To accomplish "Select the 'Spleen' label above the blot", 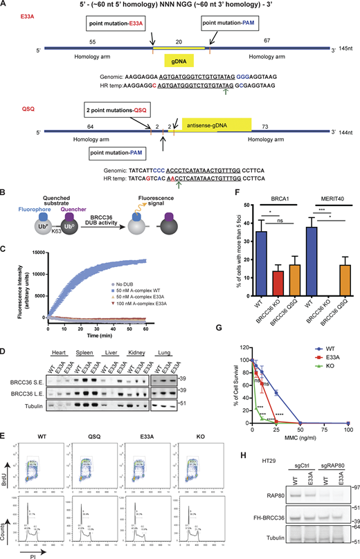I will pyautogui.click(x=86, y=333).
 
